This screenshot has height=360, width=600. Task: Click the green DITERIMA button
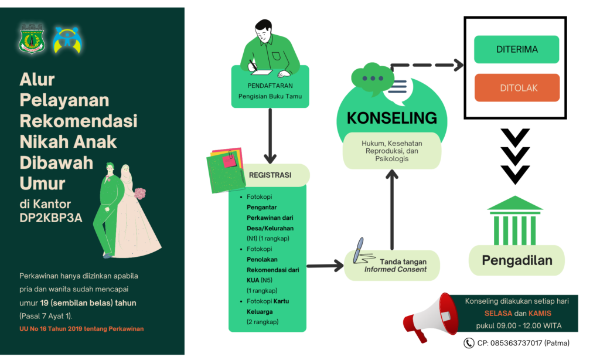pyautogui.click(x=516, y=49)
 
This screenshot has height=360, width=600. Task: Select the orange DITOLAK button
pyautogui.click(x=517, y=88)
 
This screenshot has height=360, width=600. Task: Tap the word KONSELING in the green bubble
pyautogui.click(x=391, y=118)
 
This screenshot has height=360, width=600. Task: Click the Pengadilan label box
pyautogui.click(x=517, y=260)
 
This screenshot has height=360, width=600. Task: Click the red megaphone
pyautogui.click(x=429, y=317)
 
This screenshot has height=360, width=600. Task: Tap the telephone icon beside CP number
pyautogui.click(x=469, y=343)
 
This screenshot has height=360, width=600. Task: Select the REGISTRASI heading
pyautogui.click(x=270, y=175)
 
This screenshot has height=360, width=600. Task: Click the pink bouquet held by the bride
pyautogui.click(x=140, y=193)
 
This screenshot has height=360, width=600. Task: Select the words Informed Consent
pyautogui.click(x=395, y=270)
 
